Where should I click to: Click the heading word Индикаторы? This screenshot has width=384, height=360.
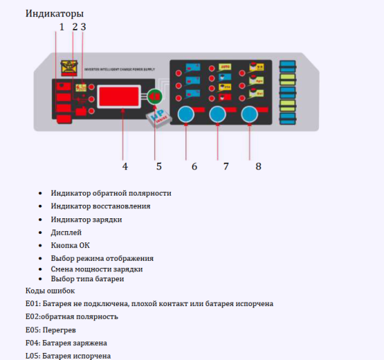pos(55,13)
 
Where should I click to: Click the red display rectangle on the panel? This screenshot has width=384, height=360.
pos(123,96)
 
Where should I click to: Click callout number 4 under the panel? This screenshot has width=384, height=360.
pos(125,167)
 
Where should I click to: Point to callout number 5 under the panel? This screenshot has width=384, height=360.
pos(159,167)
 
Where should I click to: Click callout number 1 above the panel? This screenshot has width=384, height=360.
pos(62,27)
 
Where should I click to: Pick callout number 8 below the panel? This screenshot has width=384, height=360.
pos(258,167)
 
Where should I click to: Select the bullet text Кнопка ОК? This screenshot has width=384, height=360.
pos(70,245)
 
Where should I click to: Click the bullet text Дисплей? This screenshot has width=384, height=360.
pos(66,232)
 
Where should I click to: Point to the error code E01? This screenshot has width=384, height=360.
pos(33,303)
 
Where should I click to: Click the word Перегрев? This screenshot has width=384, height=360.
pos(62,330)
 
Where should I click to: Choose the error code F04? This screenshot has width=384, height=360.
pos(33,342)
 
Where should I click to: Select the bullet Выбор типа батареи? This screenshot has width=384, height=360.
pos(82,279)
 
